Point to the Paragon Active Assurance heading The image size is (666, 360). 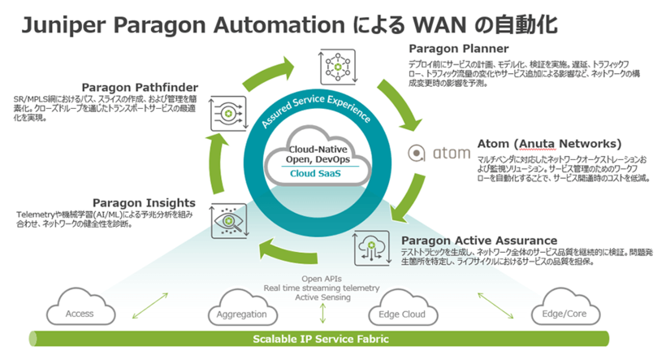pyautogui.click(x=478, y=241)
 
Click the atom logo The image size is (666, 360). pyautogui.click(x=438, y=152)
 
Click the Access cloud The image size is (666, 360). pyautogui.click(x=80, y=313)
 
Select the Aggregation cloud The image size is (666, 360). pyautogui.click(x=242, y=314)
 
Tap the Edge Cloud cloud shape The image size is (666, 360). pyautogui.click(x=404, y=314)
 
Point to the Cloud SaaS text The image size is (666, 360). pyautogui.click(x=322, y=173)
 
